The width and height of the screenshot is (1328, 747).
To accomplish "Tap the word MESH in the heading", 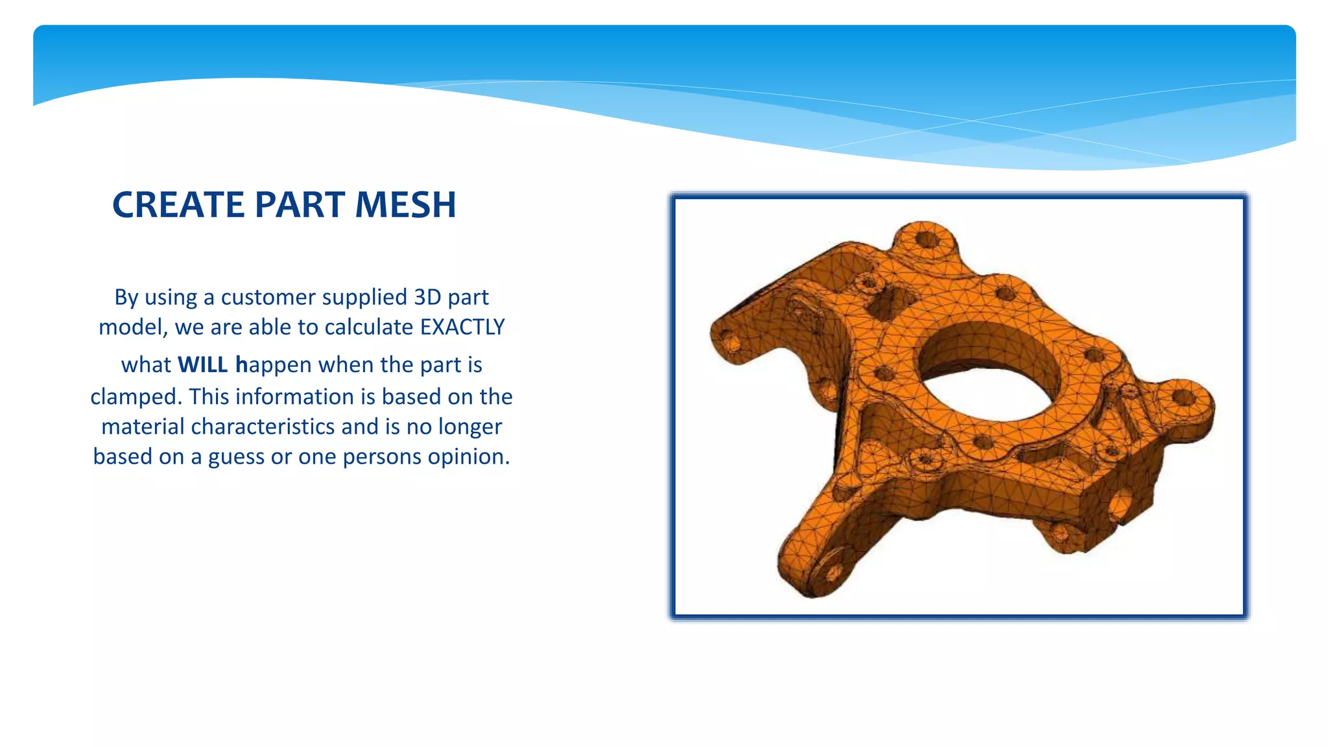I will [x=405, y=205].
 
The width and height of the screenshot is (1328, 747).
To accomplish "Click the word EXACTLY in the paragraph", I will [x=462, y=327].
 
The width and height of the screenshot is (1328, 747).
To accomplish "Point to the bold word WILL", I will [x=202, y=364].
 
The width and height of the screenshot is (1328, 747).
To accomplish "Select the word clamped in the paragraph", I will [x=134, y=397].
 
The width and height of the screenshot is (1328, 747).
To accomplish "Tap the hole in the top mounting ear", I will [x=927, y=240].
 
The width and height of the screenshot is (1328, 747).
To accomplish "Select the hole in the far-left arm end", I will [x=728, y=340].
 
